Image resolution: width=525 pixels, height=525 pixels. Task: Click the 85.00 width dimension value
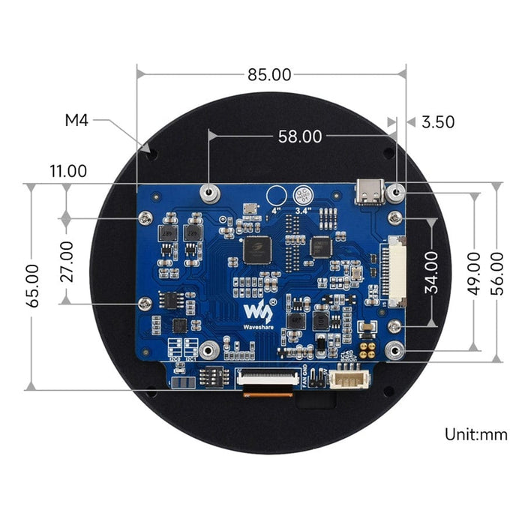click(270, 75)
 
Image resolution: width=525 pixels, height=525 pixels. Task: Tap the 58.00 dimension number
click(300, 136)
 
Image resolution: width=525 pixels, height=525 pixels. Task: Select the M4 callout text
click(76, 120)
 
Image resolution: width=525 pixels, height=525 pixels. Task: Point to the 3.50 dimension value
click(439, 121)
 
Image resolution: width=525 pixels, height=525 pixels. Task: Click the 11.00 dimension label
click(68, 171)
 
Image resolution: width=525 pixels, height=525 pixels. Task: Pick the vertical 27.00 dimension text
click(66, 260)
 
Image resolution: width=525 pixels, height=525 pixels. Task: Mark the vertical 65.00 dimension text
click(31, 285)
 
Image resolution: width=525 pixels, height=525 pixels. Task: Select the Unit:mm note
click(476, 434)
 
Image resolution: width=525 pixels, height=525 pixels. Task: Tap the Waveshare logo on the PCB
click(257, 315)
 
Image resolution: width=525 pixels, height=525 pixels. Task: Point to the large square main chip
click(259, 250)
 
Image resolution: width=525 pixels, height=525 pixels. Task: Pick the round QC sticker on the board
click(303, 195)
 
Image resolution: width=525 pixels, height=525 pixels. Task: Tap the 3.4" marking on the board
click(303, 211)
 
